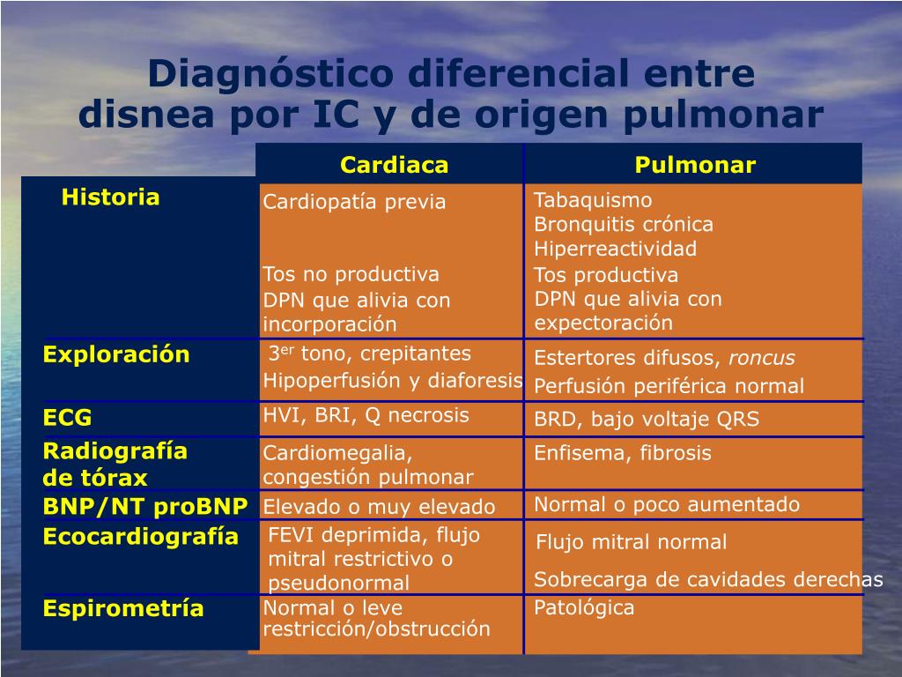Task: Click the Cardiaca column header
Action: click(395, 166)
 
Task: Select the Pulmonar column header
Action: click(695, 166)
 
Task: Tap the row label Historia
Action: click(110, 197)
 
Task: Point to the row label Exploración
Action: click(116, 355)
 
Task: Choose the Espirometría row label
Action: click(123, 609)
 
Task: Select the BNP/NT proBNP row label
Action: click(145, 507)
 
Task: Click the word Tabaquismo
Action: click(593, 201)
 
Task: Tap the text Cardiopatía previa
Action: click(354, 203)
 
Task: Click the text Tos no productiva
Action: click(351, 274)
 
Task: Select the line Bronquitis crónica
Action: click(624, 225)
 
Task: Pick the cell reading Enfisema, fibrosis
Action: click(623, 454)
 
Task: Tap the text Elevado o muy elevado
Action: click(380, 507)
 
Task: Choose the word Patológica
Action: click(584, 608)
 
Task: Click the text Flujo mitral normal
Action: click(632, 542)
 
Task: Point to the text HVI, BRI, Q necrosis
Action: click(366, 415)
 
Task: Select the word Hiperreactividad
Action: click(615, 249)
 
